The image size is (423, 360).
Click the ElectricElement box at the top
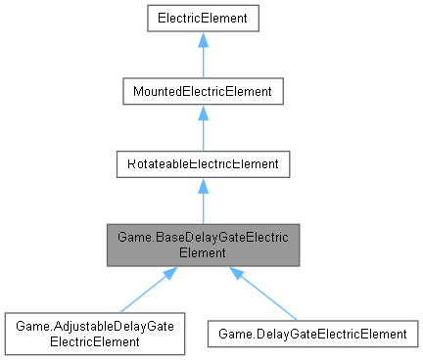coord(202,17)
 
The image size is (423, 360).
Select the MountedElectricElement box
coord(202,92)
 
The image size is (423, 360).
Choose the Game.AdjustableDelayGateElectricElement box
coord(95,334)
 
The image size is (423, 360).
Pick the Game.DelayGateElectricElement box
coord(312,334)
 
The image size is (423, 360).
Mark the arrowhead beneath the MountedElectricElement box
coord(202,112)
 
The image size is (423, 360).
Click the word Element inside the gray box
coord(202,251)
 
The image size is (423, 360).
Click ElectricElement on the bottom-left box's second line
coord(95,341)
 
